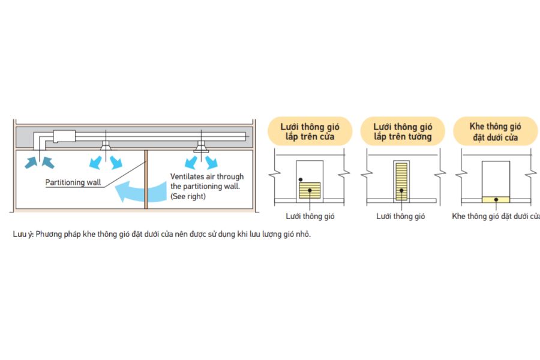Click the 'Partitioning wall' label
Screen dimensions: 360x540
(x=74, y=182)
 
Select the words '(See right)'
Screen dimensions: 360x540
(x=188, y=196)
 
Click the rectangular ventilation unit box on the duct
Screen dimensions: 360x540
(x=63, y=136)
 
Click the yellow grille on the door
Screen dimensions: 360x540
(x=310, y=191)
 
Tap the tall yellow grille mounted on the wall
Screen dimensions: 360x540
(x=401, y=181)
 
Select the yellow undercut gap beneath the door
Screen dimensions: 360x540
(x=496, y=199)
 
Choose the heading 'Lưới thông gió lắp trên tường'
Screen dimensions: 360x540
(x=402, y=132)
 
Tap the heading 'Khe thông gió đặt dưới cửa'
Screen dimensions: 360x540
(x=496, y=132)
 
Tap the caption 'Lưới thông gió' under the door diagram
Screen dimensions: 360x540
(x=309, y=216)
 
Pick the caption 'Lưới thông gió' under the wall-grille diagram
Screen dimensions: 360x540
(x=401, y=216)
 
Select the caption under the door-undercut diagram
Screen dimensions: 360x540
(x=496, y=216)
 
